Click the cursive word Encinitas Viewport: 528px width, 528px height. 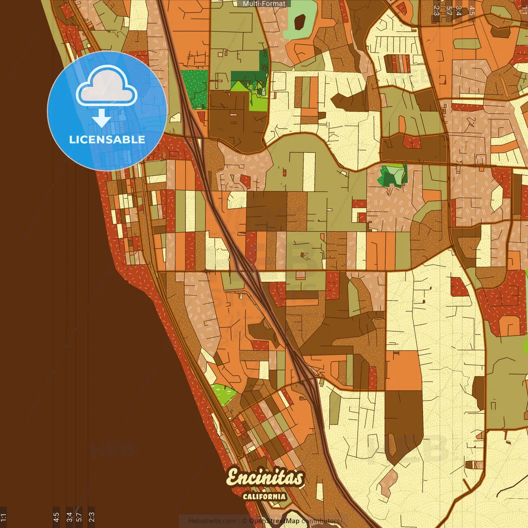265,478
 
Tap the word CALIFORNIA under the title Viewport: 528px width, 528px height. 264,496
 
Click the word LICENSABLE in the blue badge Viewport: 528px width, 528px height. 107,139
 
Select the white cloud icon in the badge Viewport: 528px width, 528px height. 106,87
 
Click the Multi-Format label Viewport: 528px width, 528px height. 264,4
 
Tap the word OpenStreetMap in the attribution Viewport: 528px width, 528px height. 274,521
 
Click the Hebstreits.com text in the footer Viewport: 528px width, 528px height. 212,521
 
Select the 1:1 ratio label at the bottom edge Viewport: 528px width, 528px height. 3,517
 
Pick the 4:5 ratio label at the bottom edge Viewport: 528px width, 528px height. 57,517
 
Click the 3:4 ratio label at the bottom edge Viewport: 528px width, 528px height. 69,517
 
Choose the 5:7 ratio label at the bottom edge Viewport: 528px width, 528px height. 79,517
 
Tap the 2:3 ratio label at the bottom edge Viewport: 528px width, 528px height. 92,517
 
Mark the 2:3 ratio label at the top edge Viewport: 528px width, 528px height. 436,10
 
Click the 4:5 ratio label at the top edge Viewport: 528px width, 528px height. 471,10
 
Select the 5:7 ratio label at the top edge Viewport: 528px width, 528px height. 449,10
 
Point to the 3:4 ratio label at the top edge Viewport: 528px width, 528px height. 459,10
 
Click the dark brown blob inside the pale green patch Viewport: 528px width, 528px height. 300,22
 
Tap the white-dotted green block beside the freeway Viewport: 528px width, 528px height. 194,88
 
